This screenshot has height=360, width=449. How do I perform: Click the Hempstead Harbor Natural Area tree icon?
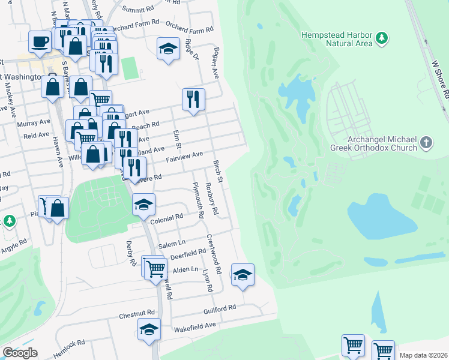click(381, 39)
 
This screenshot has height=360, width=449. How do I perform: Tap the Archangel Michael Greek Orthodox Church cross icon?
click(426, 143)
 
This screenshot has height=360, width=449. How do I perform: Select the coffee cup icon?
click(40, 41)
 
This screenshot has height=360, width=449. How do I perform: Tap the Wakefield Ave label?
click(194, 325)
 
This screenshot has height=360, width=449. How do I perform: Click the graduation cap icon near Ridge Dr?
click(169, 49)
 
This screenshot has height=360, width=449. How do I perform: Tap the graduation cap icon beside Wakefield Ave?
click(149, 329)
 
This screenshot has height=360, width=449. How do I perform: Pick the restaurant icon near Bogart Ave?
click(193, 99)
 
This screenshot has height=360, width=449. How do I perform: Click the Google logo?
click(20, 353)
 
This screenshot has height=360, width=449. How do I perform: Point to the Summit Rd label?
click(138, 9)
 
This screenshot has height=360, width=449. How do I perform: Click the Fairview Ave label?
click(184, 157)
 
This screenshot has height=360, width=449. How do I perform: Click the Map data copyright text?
click(423, 355)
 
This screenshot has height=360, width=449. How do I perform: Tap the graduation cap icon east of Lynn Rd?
click(243, 274)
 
